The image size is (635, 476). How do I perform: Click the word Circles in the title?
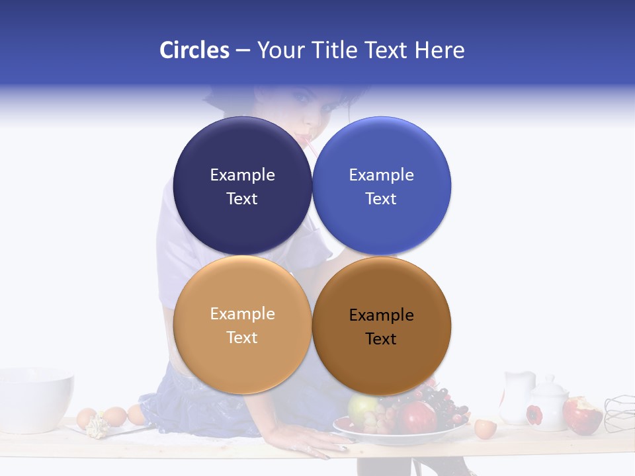pyautogui.click(x=194, y=50)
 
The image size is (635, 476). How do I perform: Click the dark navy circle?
pyautogui.click(x=242, y=186)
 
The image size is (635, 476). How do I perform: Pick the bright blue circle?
pyautogui.click(x=382, y=186)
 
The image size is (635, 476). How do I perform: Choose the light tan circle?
pyautogui.click(x=242, y=325)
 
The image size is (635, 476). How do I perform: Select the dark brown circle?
pyautogui.click(x=382, y=326)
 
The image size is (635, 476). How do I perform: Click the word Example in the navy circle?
pyautogui.click(x=242, y=175)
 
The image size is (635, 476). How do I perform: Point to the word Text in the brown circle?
pyautogui.click(x=381, y=338)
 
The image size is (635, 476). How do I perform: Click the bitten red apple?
pyautogui.click(x=581, y=415)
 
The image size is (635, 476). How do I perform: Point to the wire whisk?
pyautogui.click(x=619, y=413)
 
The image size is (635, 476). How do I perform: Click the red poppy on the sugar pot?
pyautogui.click(x=534, y=415)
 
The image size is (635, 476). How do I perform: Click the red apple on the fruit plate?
pyautogui.click(x=416, y=417)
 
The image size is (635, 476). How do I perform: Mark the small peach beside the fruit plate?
pyautogui.click(x=485, y=428)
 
